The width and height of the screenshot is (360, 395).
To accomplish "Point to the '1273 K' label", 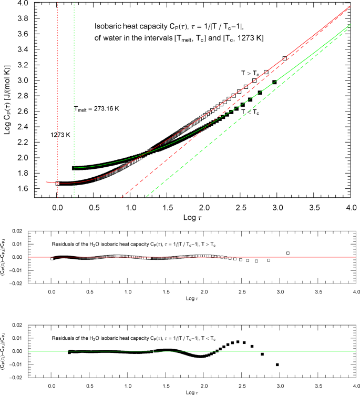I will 60,135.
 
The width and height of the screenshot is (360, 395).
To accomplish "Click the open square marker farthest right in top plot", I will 285,58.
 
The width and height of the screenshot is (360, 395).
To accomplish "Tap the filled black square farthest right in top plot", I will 274,82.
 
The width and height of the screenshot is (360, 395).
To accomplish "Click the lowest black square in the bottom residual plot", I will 277,364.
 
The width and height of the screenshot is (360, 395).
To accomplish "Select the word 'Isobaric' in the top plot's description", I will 107,26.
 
